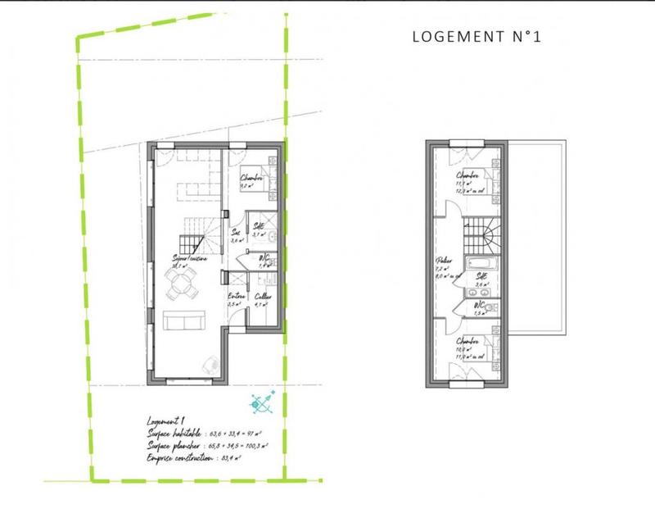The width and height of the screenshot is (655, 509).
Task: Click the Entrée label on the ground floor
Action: (235, 298)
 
